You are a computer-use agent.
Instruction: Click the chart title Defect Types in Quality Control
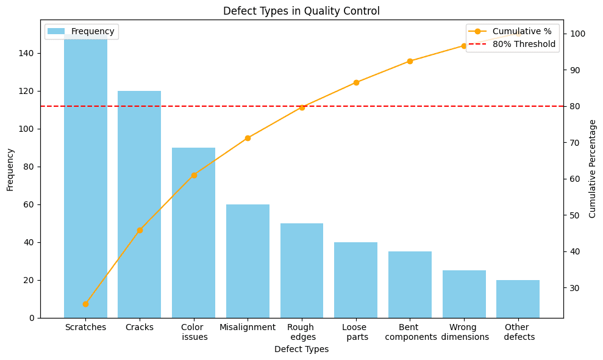[x=301, y=11]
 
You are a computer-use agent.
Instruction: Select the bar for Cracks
[x=140, y=204]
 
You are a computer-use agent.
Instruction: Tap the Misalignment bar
[x=248, y=261]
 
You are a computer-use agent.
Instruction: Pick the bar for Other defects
[x=518, y=299]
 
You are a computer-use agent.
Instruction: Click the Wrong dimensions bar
[x=464, y=294]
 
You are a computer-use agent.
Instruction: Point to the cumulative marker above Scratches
[x=85, y=304]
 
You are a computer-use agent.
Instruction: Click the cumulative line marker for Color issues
[x=193, y=175]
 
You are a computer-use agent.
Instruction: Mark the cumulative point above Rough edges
[x=302, y=107]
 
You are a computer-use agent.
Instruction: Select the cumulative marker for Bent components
[x=410, y=61]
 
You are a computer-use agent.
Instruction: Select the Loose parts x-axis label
[x=355, y=332]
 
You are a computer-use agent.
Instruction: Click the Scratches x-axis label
[x=85, y=327]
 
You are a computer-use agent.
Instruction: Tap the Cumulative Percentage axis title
[x=592, y=168]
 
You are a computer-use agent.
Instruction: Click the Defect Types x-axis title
[x=301, y=349]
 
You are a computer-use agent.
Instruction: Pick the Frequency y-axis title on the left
[x=10, y=169]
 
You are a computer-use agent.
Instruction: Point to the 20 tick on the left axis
[x=32, y=280]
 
